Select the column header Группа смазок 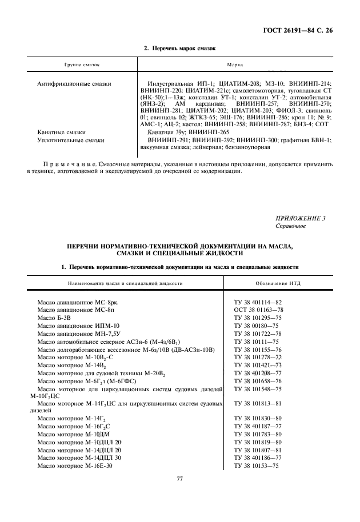pyautogui.click(x=77, y=66)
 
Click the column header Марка pyautogui.click(x=235, y=66)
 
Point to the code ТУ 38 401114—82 pyautogui.click(x=259, y=301)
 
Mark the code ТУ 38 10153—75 pyautogui.click(x=257, y=465)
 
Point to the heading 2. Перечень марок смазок pyautogui.click(x=179, y=49)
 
